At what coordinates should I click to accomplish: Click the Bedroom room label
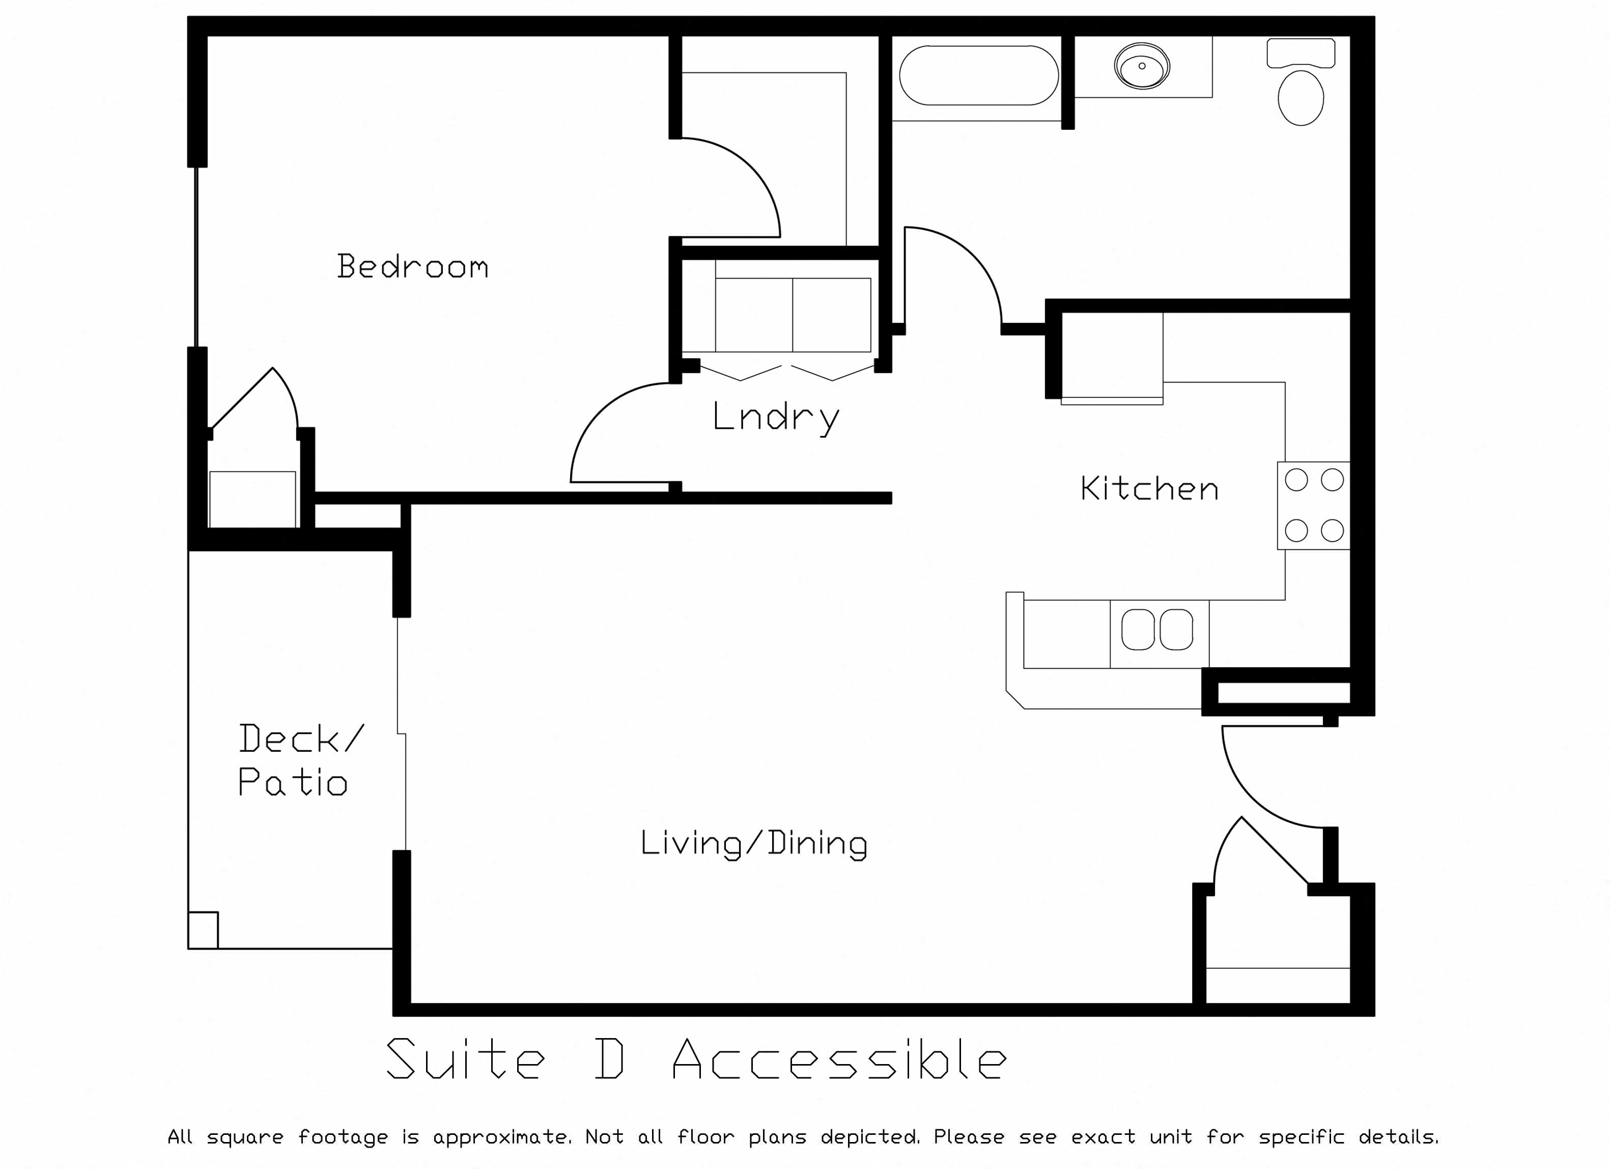412,266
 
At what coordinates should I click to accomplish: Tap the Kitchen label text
1149,488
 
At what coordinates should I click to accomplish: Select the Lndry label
776,418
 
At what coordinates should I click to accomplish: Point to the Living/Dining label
754,844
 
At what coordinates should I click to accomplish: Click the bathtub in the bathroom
979,75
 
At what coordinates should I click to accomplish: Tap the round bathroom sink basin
1142,66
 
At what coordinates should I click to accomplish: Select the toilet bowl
1301,97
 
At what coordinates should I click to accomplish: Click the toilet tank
1301,53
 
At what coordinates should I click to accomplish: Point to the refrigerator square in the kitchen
1112,358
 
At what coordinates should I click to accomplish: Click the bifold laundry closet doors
786,372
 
